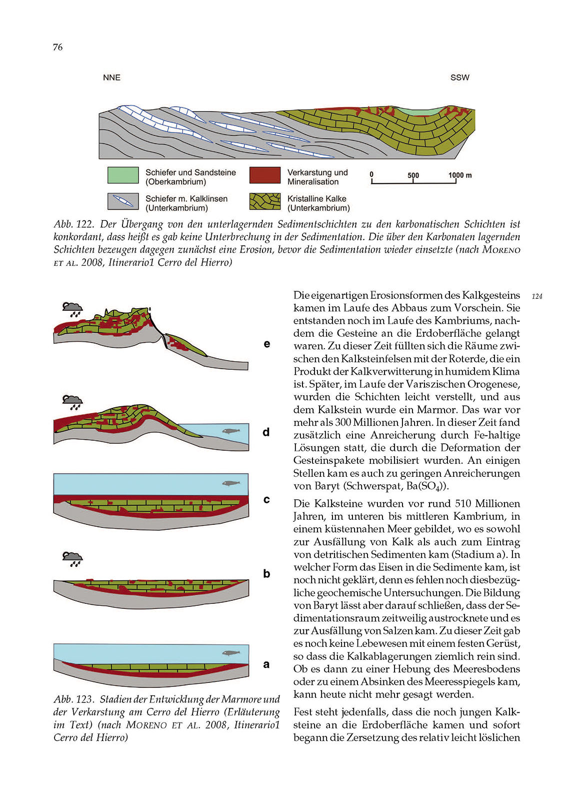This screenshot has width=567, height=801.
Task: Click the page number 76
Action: pyautogui.click(x=57, y=47)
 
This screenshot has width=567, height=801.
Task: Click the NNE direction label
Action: pyautogui.click(x=111, y=78)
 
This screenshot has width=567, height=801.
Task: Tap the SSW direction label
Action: pyautogui.click(x=459, y=78)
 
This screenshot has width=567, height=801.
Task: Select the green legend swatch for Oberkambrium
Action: pyautogui.click(x=123, y=175)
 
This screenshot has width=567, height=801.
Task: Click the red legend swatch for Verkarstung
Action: pyautogui.click(x=265, y=175)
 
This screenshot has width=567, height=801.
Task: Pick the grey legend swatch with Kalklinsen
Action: pyautogui.click(x=123, y=201)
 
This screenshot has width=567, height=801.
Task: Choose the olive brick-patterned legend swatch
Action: pyautogui.click(x=265, y=201)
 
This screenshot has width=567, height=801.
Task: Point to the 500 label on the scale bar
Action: pyautogui.click(x=413, y=175)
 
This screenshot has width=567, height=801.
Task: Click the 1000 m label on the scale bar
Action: pyautogui.click(x=459, y=175)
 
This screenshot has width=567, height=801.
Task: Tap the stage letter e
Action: pyautogui.click(x=267, y=344)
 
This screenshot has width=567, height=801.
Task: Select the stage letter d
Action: pyautogui.click(x=266, y=432)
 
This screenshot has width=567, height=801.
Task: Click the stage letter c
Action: pyautogui.click(x=266, y=499)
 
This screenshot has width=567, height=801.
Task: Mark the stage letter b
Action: pyautogui.click(x=266, y=573)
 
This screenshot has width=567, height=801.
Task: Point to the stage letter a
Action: pyautogui.click(x=266, y=664)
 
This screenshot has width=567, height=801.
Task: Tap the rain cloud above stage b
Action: pyautogui.click(x=73, y=558)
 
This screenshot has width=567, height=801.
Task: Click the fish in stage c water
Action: pyautogui.click(x=230, y=483)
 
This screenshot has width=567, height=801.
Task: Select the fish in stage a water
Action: pyautogui.click(x=230, y=653)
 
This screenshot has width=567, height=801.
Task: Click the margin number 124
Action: pyautogui.click(x=537, y=296)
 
